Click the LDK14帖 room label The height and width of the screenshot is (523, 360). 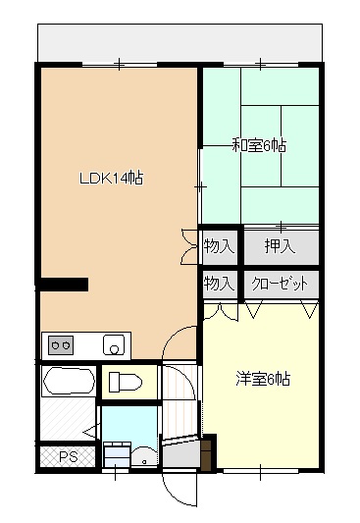pos(112,179)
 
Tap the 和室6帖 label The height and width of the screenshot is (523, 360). pos(259,146)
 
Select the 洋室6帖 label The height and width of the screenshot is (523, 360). pos(262,378)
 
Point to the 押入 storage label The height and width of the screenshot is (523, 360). pos(279,246)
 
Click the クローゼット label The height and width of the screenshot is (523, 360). pos(280,284)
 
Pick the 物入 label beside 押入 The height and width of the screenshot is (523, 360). pos(219,246)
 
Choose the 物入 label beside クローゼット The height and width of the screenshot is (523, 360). pos(219,284)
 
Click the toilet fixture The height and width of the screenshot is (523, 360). pos(127,382)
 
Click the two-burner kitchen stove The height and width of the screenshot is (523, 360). pos(61,345)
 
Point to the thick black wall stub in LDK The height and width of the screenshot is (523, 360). pos(64,285)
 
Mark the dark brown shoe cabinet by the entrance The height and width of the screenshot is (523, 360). pos(207,452)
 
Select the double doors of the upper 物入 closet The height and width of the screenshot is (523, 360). pos(189,246)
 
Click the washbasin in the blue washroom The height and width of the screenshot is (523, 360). pos(118,454)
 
